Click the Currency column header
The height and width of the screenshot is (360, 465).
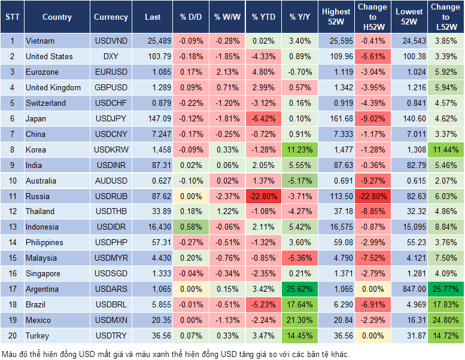(x=111, y=17)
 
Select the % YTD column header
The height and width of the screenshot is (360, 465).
(x=263, y=17)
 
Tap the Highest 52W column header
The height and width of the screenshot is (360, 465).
(x=336, y=17)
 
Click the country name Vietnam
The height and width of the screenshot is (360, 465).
(x=40, y=41)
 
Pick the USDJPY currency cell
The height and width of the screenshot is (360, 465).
(x=111, y=118)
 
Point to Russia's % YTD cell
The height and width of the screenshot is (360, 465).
(x=263, y=196)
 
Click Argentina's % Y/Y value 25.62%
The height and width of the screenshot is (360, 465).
(x=300, y=289)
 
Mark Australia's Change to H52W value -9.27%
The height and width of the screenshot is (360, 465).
(x=372, y=181)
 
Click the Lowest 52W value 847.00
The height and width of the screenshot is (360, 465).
(x=409, y=289)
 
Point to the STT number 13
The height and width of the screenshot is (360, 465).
(x=12, y=227)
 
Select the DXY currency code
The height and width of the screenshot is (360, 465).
(x=111, y=57)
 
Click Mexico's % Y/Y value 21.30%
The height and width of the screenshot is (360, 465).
(x=300, y=320)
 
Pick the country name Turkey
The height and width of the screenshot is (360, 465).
(x=38, y=335)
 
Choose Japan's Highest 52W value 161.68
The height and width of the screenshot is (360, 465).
(x=336, y=118)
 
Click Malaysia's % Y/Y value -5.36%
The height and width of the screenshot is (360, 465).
(x=300, y=258)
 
